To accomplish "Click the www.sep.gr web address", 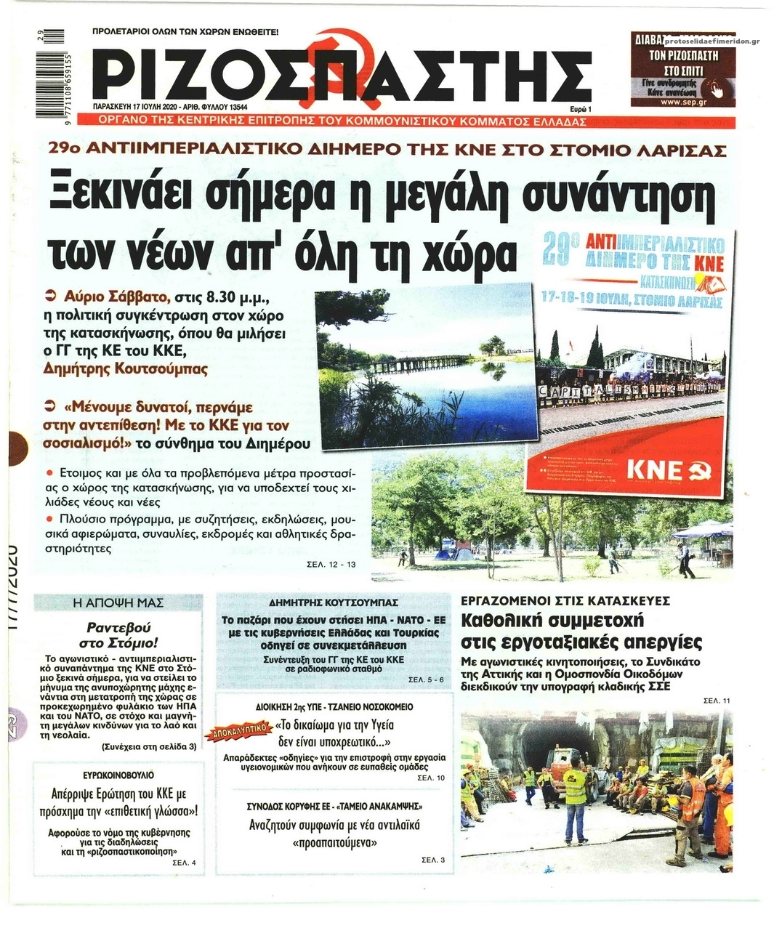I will [680, 102].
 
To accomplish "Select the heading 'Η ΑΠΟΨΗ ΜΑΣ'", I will [119, 602].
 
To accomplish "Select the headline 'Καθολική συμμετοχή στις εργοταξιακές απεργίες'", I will [581, 632].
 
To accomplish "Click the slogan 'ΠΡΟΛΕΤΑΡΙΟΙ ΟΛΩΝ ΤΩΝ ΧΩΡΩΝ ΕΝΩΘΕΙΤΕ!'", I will [185, 32].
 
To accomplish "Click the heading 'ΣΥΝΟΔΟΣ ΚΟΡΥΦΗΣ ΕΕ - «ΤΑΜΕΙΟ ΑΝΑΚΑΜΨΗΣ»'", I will [334, 807].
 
